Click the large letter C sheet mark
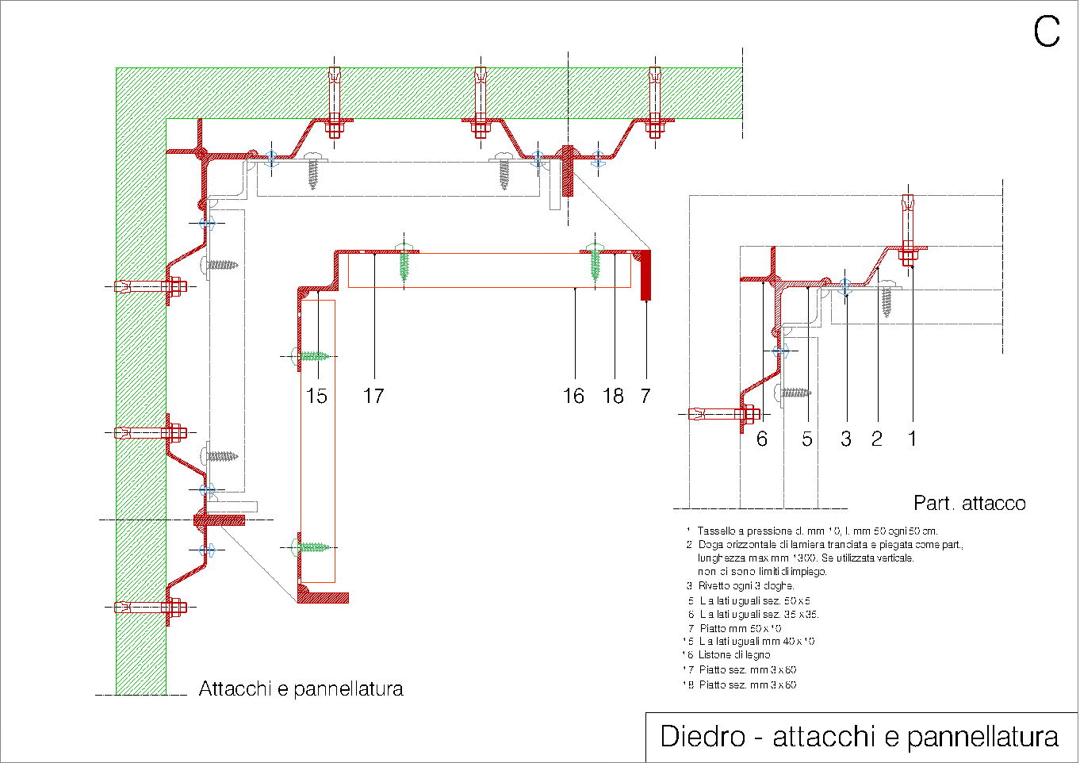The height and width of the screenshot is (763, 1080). pyautogui.click(x=1046, y=32)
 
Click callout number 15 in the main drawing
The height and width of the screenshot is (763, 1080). pyautogui.click(x=316, y=396)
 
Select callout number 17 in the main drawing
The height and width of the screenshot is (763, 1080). pyautogui.click(x=373, y=396)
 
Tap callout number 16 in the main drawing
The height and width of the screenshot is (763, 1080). pyautogui.click(x=573, y=396)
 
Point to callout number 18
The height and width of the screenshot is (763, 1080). pyautogui.click(x=613, y=396)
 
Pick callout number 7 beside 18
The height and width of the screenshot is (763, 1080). pyautogui.click(x=645, y=396)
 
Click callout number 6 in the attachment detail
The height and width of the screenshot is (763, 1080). pyautogui.click(x=762, y=439)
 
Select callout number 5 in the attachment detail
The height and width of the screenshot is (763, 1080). pyautogui.click(x=807, y=439)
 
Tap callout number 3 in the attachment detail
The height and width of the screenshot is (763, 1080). pyautogui.click(x=846, y=439)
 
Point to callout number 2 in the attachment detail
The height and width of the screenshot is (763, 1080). pyautogui.click(x=876, y=439)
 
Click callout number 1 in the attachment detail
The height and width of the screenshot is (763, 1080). pyautogui.click(x=912, y=439)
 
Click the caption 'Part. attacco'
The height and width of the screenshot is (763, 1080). pyautogui.click(x=969, y=504)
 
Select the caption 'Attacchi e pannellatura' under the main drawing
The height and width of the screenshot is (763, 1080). pyautogui.click(x=301, y=688)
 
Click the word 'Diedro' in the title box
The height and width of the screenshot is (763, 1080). pyautogui.click(x=703, y=737)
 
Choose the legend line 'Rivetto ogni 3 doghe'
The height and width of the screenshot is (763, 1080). pyautogui.click(x=745, y=585)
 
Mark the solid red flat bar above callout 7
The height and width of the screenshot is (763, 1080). pyautogui.click(x=645, y=275)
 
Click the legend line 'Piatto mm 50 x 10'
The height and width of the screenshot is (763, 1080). pyautogui.click(x=740, y=628)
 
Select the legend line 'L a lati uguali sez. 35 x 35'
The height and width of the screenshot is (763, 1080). pyautogui.click(x=758, y=614)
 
